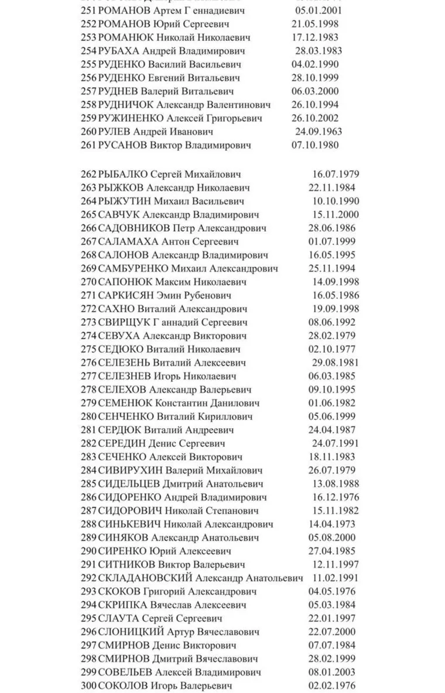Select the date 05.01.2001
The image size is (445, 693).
coord(319,11)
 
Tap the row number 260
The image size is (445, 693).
coord(89,132)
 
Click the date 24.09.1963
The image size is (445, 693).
coord(319,132)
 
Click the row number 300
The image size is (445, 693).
coord(89,686)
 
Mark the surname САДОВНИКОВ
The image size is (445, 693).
coord(134,228)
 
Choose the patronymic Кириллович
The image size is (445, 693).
coord(227,416)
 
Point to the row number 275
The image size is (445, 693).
coord(89,349)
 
